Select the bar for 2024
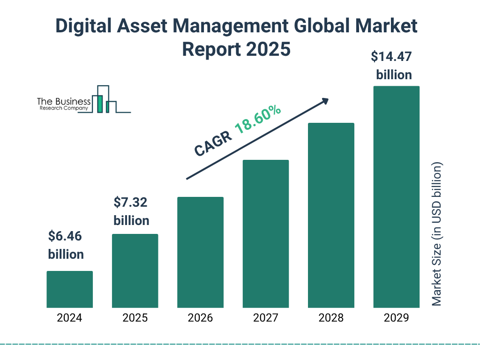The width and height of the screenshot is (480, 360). click(69, 289)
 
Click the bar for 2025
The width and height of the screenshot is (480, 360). click(135, 270)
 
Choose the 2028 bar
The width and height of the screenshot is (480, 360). click(331, 215)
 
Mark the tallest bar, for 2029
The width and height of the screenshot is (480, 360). click(396, 197)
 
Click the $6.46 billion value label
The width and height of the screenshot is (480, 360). click(66, 245)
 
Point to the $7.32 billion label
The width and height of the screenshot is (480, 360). click(131, 211)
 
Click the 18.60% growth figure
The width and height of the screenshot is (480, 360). click(258, 119)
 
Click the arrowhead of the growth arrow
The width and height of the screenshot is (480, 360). click(325, 101)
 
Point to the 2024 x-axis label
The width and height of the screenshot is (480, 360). click(69, 318)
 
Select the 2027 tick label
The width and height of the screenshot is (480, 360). click(265, 318)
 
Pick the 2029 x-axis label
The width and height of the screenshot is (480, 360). click(396, 318)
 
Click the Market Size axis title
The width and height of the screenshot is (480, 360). click(437, 234)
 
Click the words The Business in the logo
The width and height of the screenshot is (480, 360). click(64, 102)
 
